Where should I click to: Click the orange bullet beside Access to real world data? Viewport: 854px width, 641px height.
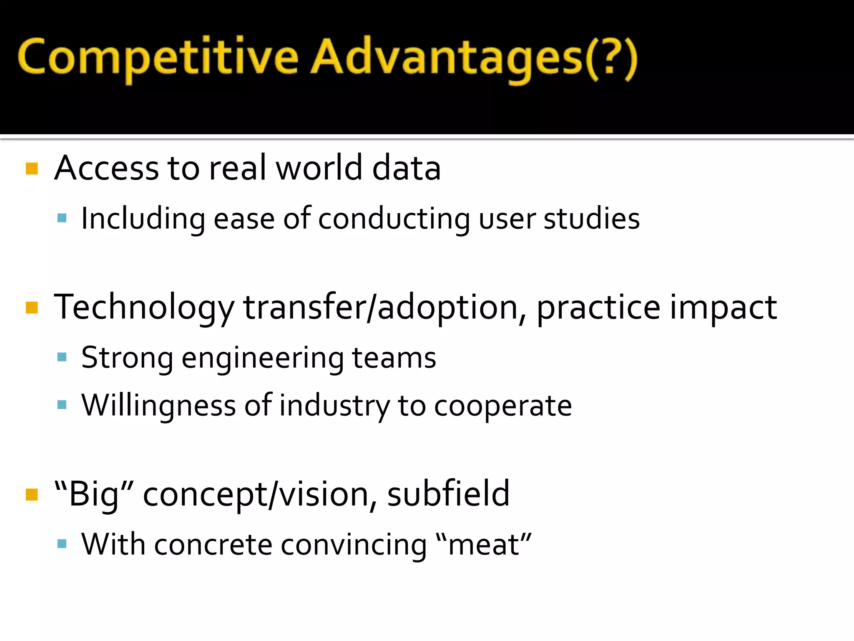[x=32, y=169]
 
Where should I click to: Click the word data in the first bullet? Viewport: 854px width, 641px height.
[x=406, y=168]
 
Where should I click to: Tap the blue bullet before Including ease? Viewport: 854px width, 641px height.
[x=62, y=218]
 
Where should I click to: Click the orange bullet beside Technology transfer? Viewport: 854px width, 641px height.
[x=32, y=308]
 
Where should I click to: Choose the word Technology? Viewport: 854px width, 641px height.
[x=144, y=308]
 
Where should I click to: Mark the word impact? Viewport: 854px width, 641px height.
[x=723, y=308]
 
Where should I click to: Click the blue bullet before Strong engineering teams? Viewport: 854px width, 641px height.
[x=62, y=357]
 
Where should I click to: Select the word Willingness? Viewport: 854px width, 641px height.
[x=158, y=405]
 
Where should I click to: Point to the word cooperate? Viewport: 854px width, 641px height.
[x=503, y=406]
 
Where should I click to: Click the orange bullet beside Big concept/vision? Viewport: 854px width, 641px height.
[x=32, y=495]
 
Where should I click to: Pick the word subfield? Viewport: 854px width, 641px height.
[x=448, y=494]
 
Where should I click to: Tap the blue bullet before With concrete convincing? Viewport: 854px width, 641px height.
[x=62, y=543]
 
